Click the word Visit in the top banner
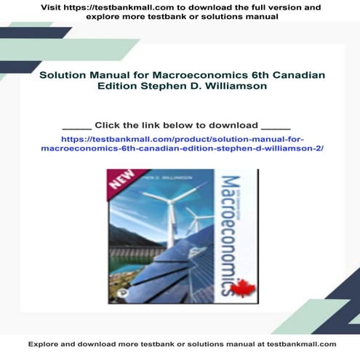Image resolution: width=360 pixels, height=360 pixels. tap(53, 7)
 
